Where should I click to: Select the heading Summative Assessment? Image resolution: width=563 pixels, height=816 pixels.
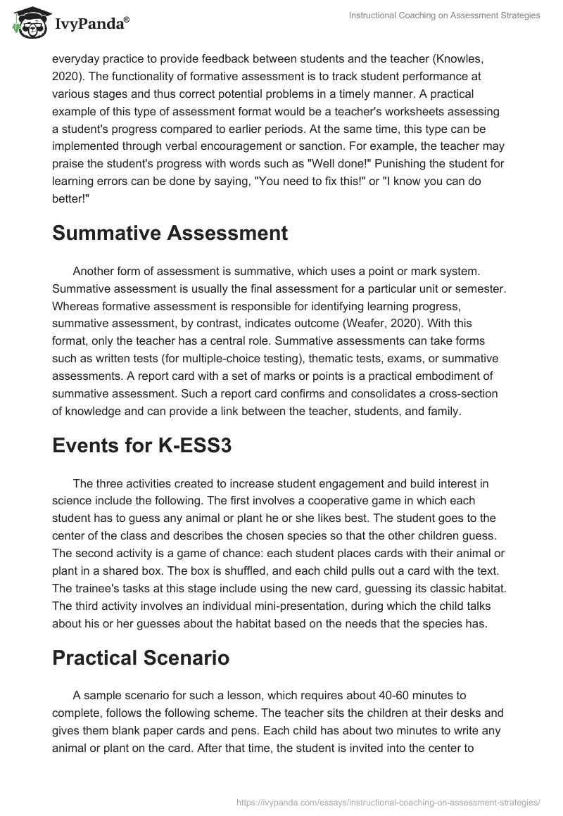click(x=170, y=234)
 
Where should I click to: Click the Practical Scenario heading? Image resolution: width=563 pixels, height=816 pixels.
click(x=141, y=658)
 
